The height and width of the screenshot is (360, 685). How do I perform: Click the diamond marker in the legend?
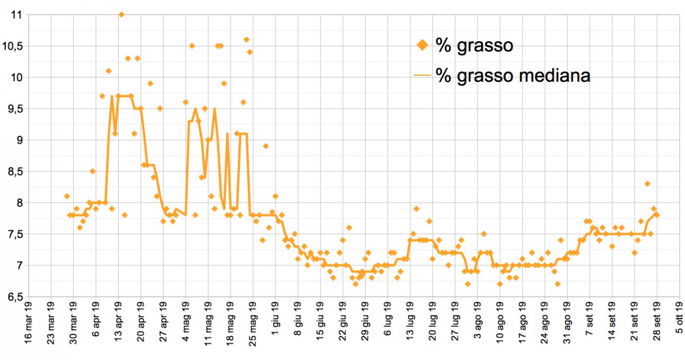(422, 46)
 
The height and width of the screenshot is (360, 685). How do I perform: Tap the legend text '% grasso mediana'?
(513, 76)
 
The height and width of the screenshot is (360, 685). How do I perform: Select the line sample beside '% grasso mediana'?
(422, 76)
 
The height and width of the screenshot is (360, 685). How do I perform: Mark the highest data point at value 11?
(121, 14)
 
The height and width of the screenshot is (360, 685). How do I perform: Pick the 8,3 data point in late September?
(647, 184)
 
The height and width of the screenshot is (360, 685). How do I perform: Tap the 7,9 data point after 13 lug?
(416, 209)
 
